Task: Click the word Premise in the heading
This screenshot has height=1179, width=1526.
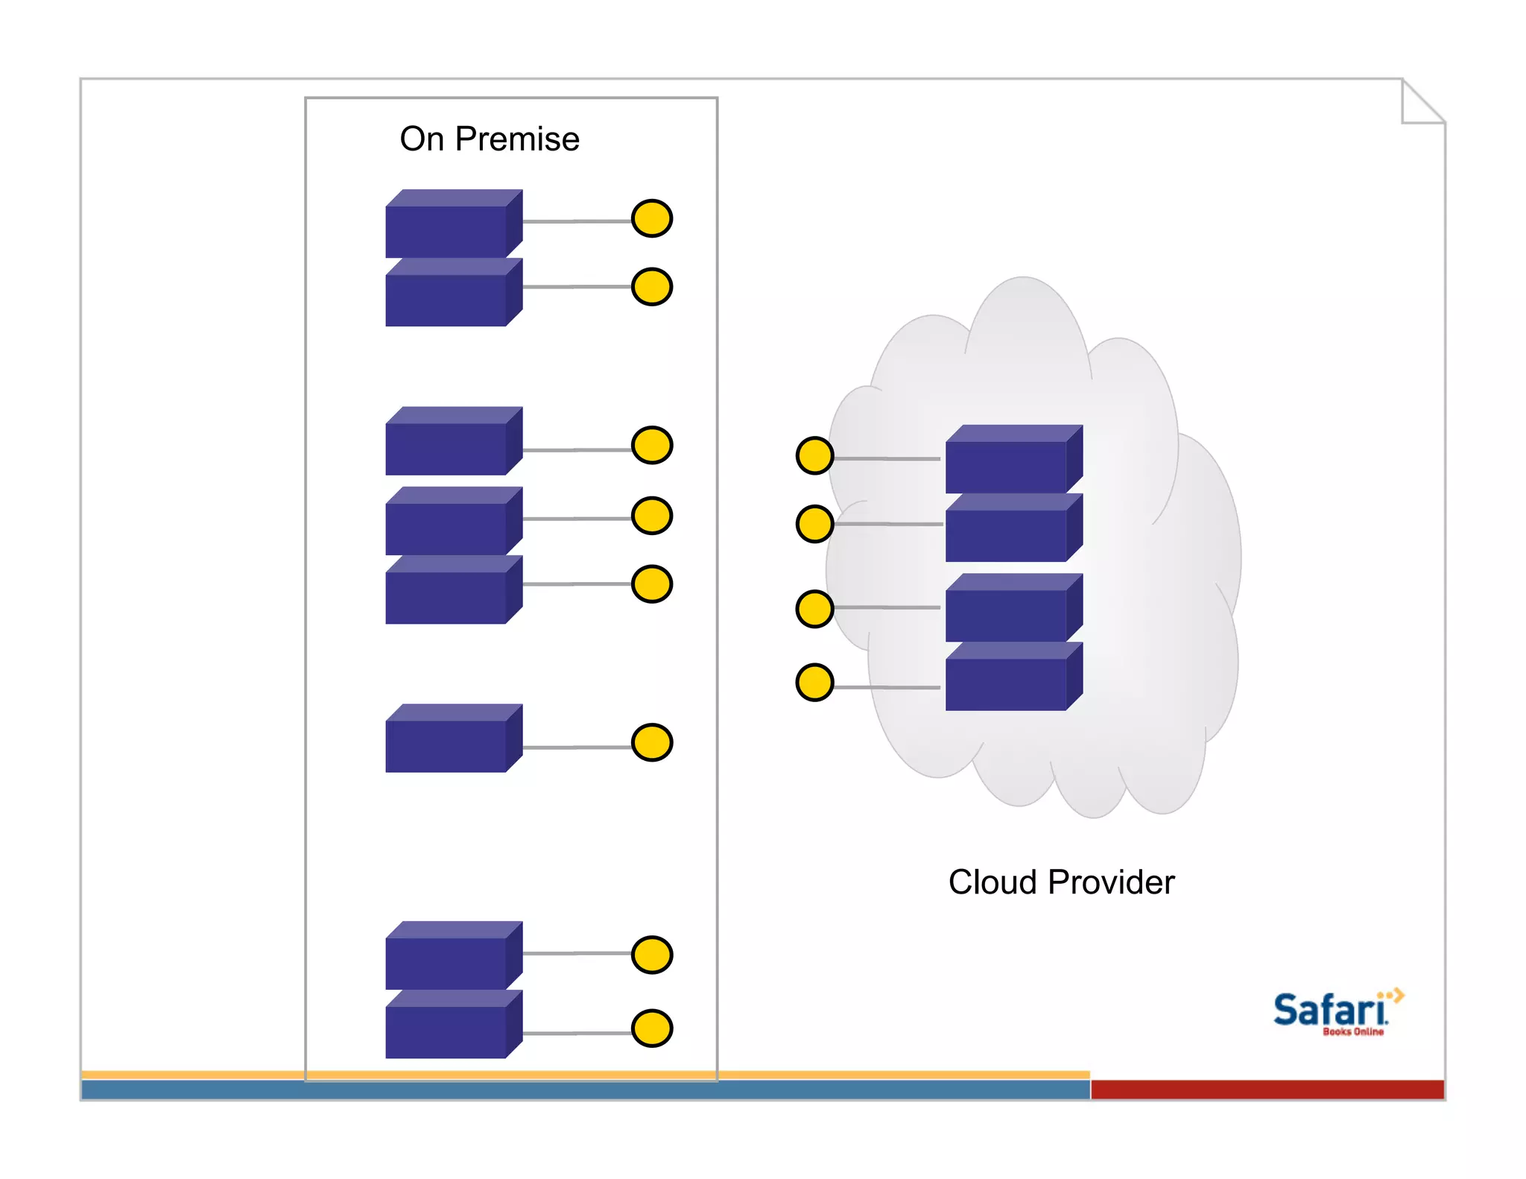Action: click(x=516, y=139)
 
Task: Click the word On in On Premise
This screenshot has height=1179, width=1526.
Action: click(x=422, y=139)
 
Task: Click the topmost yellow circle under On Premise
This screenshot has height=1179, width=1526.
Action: click(x=652, y=218)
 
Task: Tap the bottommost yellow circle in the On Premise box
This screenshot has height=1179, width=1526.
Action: click(x=652, y=1028)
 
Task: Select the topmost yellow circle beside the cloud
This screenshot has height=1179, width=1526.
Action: click(x=814, y=455)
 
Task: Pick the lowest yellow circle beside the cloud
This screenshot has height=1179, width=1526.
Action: click(x=814, y=682)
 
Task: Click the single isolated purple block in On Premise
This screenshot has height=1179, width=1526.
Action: click(x=447, y=744)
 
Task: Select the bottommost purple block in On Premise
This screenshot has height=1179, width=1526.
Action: click(x=447, y=1030)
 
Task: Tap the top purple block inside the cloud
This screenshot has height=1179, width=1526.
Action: click(x=1007, y=465)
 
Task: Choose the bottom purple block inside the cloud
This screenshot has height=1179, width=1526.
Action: click(x=1007, y=683)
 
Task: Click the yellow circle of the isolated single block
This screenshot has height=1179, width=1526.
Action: click(x=652, y=742)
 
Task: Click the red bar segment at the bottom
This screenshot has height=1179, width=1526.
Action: click(x=1267, y=1089)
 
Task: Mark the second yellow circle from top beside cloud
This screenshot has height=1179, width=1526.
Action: click(x=814, y=524)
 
